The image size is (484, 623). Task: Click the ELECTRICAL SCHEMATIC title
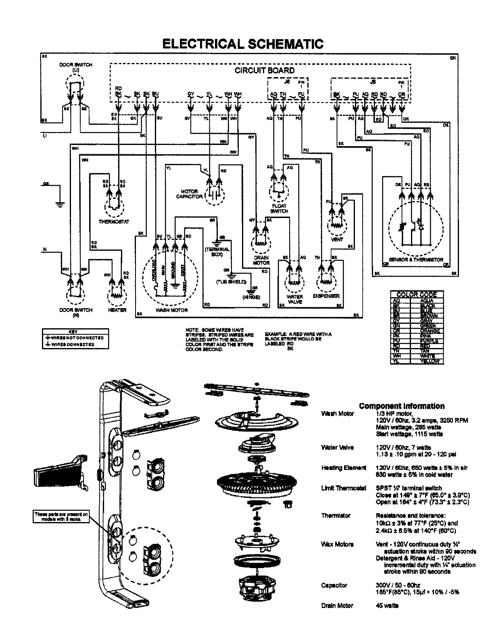(x=242, y=44)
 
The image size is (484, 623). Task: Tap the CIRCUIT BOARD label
(x=265, y=70)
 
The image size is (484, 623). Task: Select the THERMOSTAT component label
(x=114, y=222)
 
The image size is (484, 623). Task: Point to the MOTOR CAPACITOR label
(x=189, y=194)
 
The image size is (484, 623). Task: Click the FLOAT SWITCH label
(x=279, y=208)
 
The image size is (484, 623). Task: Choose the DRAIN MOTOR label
(x=261, y=260)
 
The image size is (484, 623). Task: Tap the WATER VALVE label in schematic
(x=295, y=299)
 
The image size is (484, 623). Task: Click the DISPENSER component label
(x=326, y=296)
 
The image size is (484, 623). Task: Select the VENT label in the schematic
(x=337, y=239)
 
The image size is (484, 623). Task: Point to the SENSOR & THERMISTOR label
(x=416, y=260)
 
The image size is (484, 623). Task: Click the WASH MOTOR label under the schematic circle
(x=171, y=310)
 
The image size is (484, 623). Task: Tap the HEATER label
(x=117, y=310)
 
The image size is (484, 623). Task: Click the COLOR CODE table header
(x=417, y=294)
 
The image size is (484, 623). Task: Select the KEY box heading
(x=75, y=330)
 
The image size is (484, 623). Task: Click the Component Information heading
(x=402, y=406)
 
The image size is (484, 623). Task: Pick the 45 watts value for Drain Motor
(x=387, y=605)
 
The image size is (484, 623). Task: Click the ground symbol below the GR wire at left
(x=60, y=204)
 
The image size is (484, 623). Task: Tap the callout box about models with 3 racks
(x=60, y=516)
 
